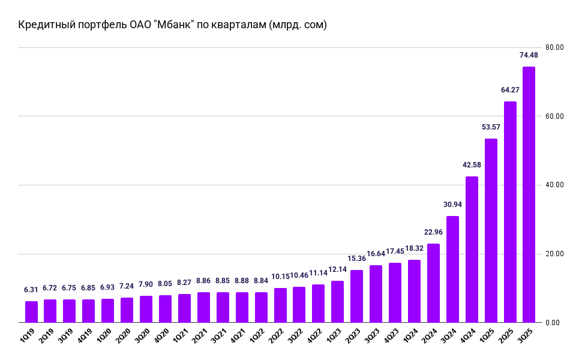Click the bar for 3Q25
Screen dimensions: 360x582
point(529,195)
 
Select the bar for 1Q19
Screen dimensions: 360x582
point(31,312)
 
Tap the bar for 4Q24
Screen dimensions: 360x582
point(472,250)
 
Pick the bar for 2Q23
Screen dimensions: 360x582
point(357,296)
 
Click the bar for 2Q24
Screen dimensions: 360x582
point(433,283)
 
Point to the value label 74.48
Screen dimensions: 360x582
point(529,55)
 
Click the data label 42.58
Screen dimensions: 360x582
point(472,165)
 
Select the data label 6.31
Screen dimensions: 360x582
point(31,290)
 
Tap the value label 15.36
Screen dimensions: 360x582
point(357,259)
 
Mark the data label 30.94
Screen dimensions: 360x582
point(452,205)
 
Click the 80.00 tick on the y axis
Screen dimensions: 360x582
point(554,47)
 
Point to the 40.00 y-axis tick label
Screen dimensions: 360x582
point(554,185)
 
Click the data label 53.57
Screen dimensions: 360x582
point(491,127)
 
